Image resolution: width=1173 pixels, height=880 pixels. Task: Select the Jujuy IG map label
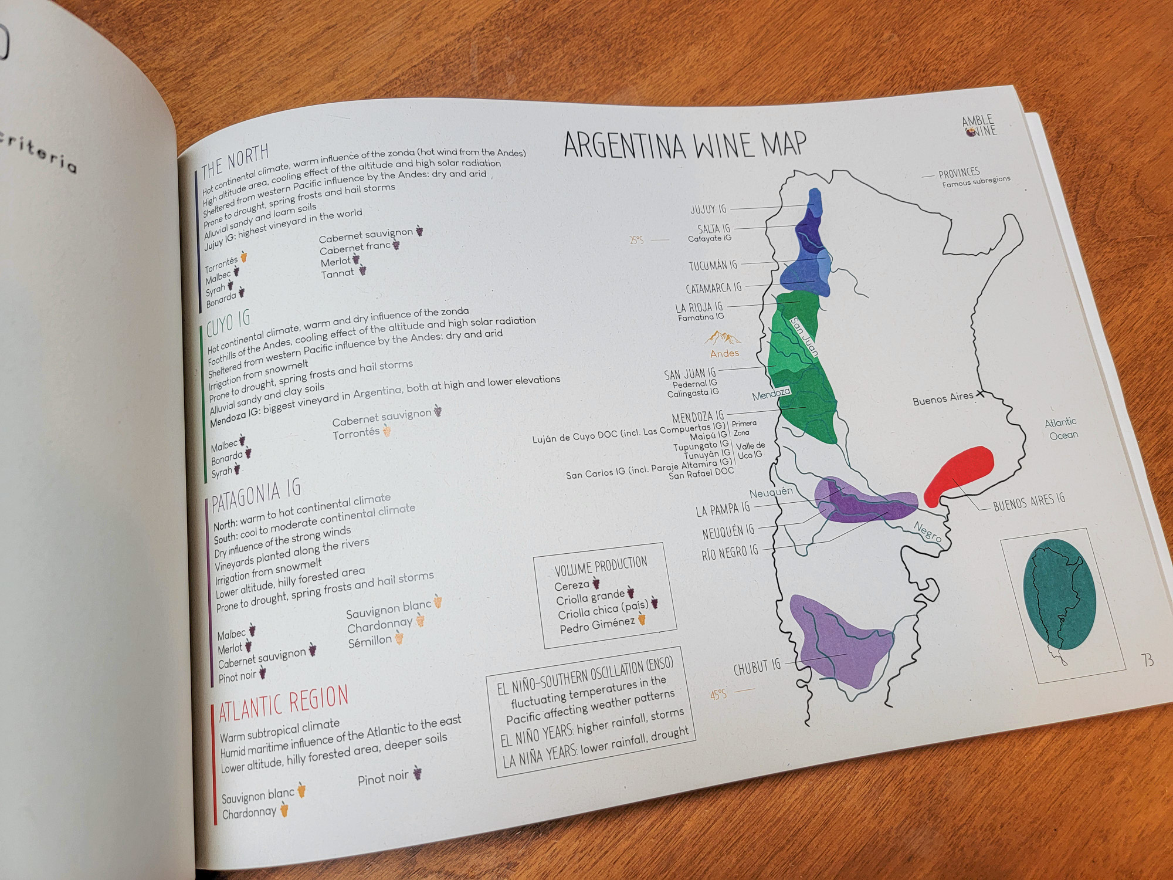[x=708, y=209]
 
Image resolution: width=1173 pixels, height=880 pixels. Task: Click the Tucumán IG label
[x=713, y=265]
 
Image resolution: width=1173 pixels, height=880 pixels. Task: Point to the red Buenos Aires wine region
[x=959, y=472]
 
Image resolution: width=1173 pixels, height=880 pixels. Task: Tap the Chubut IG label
[x=757, y=667]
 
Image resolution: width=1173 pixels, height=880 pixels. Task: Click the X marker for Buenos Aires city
[x=979, y=395]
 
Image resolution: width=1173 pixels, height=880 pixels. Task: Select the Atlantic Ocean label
[x=1062, y=428]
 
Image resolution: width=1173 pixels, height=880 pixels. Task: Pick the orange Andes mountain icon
[x=723, y=338]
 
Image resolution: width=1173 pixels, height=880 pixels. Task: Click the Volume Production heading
[x=601, y=566]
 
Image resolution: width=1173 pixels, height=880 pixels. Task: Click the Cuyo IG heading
[x=228, y=323]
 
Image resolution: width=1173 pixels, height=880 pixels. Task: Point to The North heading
[x=235, y=161]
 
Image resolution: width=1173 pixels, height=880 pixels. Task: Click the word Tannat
[x=337, y=273]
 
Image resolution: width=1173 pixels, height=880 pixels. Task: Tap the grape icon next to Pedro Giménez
[x=642, y=620]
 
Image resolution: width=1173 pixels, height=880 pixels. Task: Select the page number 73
[x=1148, y=661]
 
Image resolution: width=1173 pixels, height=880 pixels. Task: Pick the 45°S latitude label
[x=718, y=695]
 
